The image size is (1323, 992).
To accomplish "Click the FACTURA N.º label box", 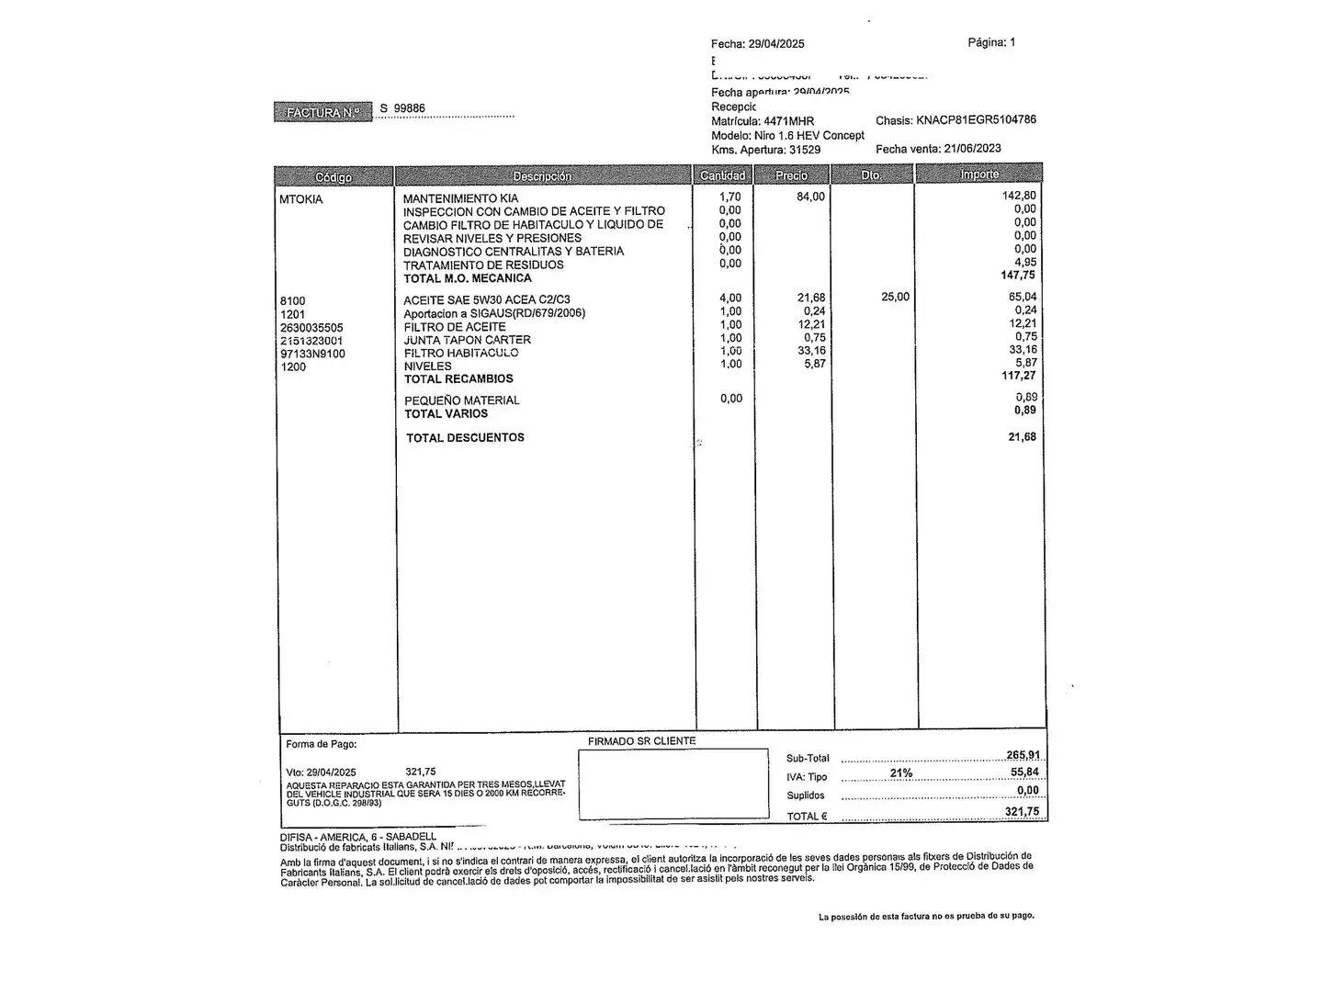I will tap(322, 112).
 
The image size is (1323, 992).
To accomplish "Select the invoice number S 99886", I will tap(402, 108).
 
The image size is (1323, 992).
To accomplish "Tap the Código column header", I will tap(334, 176).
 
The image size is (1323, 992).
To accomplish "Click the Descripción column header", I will tap(542, 175).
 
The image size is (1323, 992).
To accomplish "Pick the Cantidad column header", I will tap(723, 175).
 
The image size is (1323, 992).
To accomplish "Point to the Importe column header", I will tap(979, 175).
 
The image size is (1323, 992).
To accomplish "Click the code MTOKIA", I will tap(301, 199).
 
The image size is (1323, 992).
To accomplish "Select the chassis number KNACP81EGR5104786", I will tap(976, 120).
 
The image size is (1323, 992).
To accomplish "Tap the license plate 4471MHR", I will tap(788, 121).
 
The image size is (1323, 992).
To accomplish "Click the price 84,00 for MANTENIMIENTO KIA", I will tap(810, 197).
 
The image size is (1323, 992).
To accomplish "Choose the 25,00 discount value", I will tap(895, 297).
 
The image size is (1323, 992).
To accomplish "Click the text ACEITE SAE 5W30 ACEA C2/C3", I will tap(487, 300).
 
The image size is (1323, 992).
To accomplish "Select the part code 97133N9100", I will tap(312, 354).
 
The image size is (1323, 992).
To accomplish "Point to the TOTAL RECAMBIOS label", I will tap(458, 378).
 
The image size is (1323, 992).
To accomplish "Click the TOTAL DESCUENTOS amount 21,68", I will tap(1022, 437).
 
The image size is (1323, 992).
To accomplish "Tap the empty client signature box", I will tap(673, 783).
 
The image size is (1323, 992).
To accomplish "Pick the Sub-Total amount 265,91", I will tap(1023, 756).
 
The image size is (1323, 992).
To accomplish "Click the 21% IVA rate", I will tap(901, 773).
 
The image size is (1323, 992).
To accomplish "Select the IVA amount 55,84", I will tap(1024, 772).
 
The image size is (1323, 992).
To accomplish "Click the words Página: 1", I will tap(991, 42).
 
